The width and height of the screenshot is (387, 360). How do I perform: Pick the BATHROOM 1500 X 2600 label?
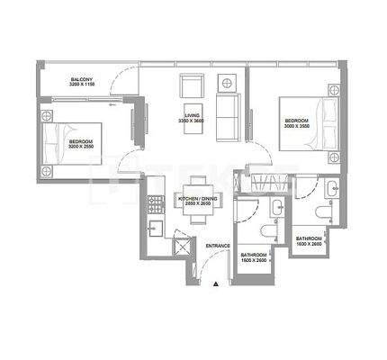(x=253, y=257)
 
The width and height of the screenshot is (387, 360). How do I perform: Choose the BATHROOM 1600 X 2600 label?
(x=310, y=241)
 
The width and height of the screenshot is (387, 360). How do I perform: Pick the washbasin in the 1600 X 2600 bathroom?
(x=330, y=188)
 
